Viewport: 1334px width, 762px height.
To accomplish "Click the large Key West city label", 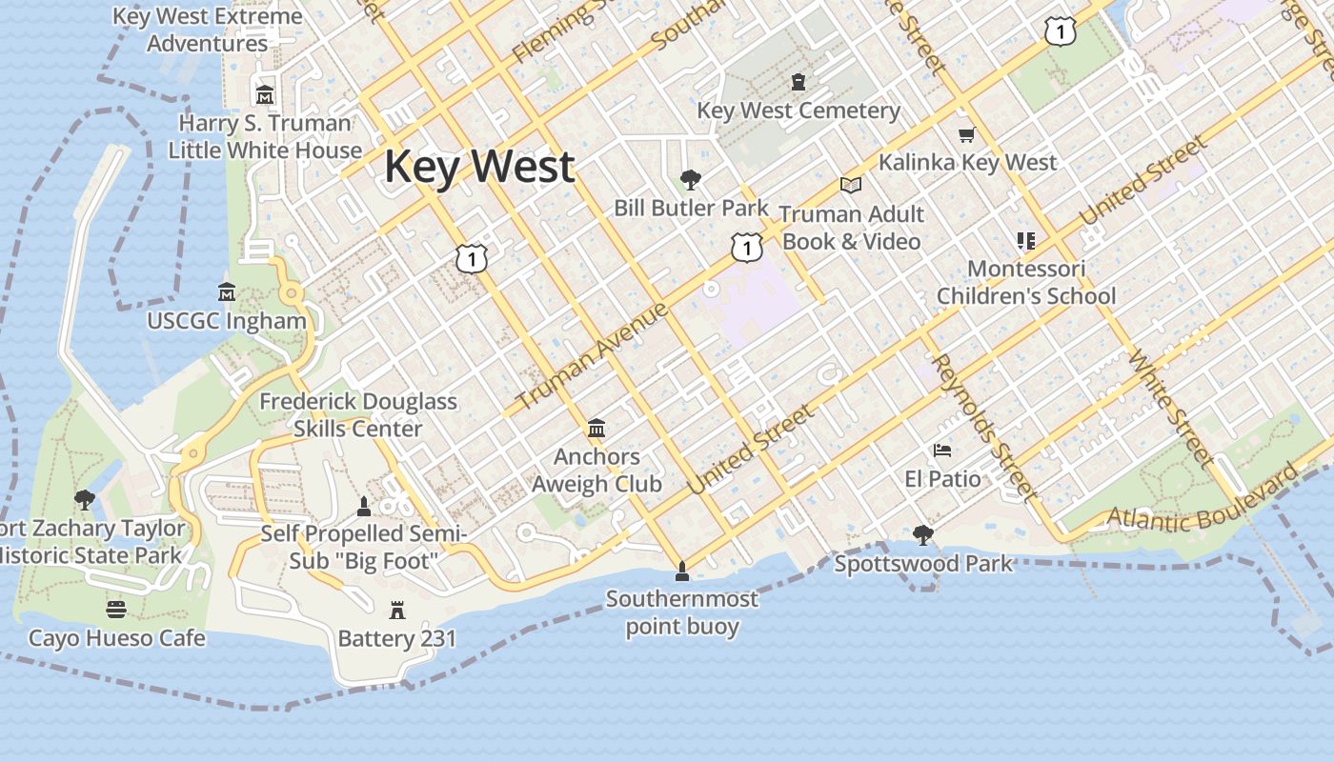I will click(x=479, y=167).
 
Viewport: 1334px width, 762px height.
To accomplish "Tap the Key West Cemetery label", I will click(x=798, y=110).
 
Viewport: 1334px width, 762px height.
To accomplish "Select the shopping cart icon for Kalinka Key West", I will click(x=967, y=135).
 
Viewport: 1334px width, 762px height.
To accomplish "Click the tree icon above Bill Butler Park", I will click(x=691, y=179).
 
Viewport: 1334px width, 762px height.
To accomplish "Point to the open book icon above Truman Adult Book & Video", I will click(x=851, y=185).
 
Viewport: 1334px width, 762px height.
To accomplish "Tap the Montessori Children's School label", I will click(x=1025, y=282).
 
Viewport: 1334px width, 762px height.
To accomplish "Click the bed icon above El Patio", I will click(x=942, y=451).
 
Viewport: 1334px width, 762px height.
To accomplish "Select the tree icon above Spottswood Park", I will click(x=922, y=535).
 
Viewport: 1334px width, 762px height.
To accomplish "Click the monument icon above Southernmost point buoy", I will click(x=682, y=571).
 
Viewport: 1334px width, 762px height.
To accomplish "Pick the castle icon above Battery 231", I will click(x=397, y=610).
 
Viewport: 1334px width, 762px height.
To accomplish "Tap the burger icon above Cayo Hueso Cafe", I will click(x=116, y=609).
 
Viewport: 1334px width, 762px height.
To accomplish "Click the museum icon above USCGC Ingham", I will click(x=227, y=291).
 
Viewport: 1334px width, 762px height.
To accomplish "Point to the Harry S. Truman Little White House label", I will click(x=266, y=136).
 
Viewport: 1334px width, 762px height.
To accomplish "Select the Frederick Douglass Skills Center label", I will click(x=358, y=415).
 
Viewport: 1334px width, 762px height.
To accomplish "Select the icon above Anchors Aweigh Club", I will click(x=596, y=428).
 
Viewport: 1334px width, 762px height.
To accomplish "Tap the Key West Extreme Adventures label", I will click(x=208, y=30).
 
